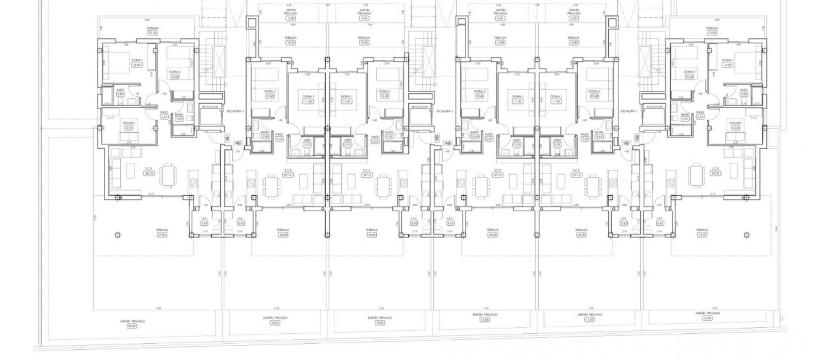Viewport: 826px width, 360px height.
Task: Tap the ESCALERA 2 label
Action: point(445,111)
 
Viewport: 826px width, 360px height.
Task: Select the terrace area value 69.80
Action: point(162,235)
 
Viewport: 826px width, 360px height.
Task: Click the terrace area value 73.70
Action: point(702,235)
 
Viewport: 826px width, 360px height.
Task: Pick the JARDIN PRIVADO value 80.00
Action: point(132,326)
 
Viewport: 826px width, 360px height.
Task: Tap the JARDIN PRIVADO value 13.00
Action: point(275,323)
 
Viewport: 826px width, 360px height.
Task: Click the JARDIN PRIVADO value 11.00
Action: point(589,320)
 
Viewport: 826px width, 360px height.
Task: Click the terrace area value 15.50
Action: point(364,43)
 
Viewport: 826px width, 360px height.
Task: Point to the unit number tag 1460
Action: point(237,143)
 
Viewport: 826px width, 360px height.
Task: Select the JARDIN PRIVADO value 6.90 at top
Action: point(364,18)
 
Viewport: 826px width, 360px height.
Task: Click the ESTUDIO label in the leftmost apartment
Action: point(129,123)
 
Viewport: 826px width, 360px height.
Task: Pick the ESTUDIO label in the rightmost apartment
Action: point(735,123)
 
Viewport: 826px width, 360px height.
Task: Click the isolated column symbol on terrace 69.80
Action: point(117,235)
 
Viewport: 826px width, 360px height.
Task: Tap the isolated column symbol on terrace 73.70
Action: point(746,235)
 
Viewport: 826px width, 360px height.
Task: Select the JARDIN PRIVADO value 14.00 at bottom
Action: point(379,323)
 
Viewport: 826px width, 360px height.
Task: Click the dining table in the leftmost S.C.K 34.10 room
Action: point(167,176)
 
